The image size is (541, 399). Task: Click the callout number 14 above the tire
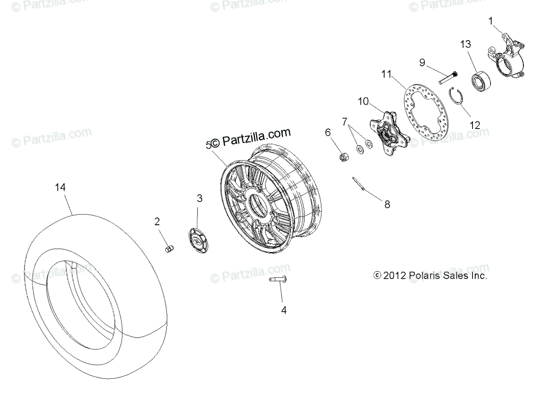(60, 188)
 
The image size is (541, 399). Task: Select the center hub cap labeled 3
(197, 239)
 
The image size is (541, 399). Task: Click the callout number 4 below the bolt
(284, 311)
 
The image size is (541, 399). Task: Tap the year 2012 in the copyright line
(395, 275)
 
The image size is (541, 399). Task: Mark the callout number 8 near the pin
(387, 204)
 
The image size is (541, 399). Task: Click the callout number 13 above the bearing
(465, 44)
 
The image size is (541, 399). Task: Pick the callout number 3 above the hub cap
(199, 198)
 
